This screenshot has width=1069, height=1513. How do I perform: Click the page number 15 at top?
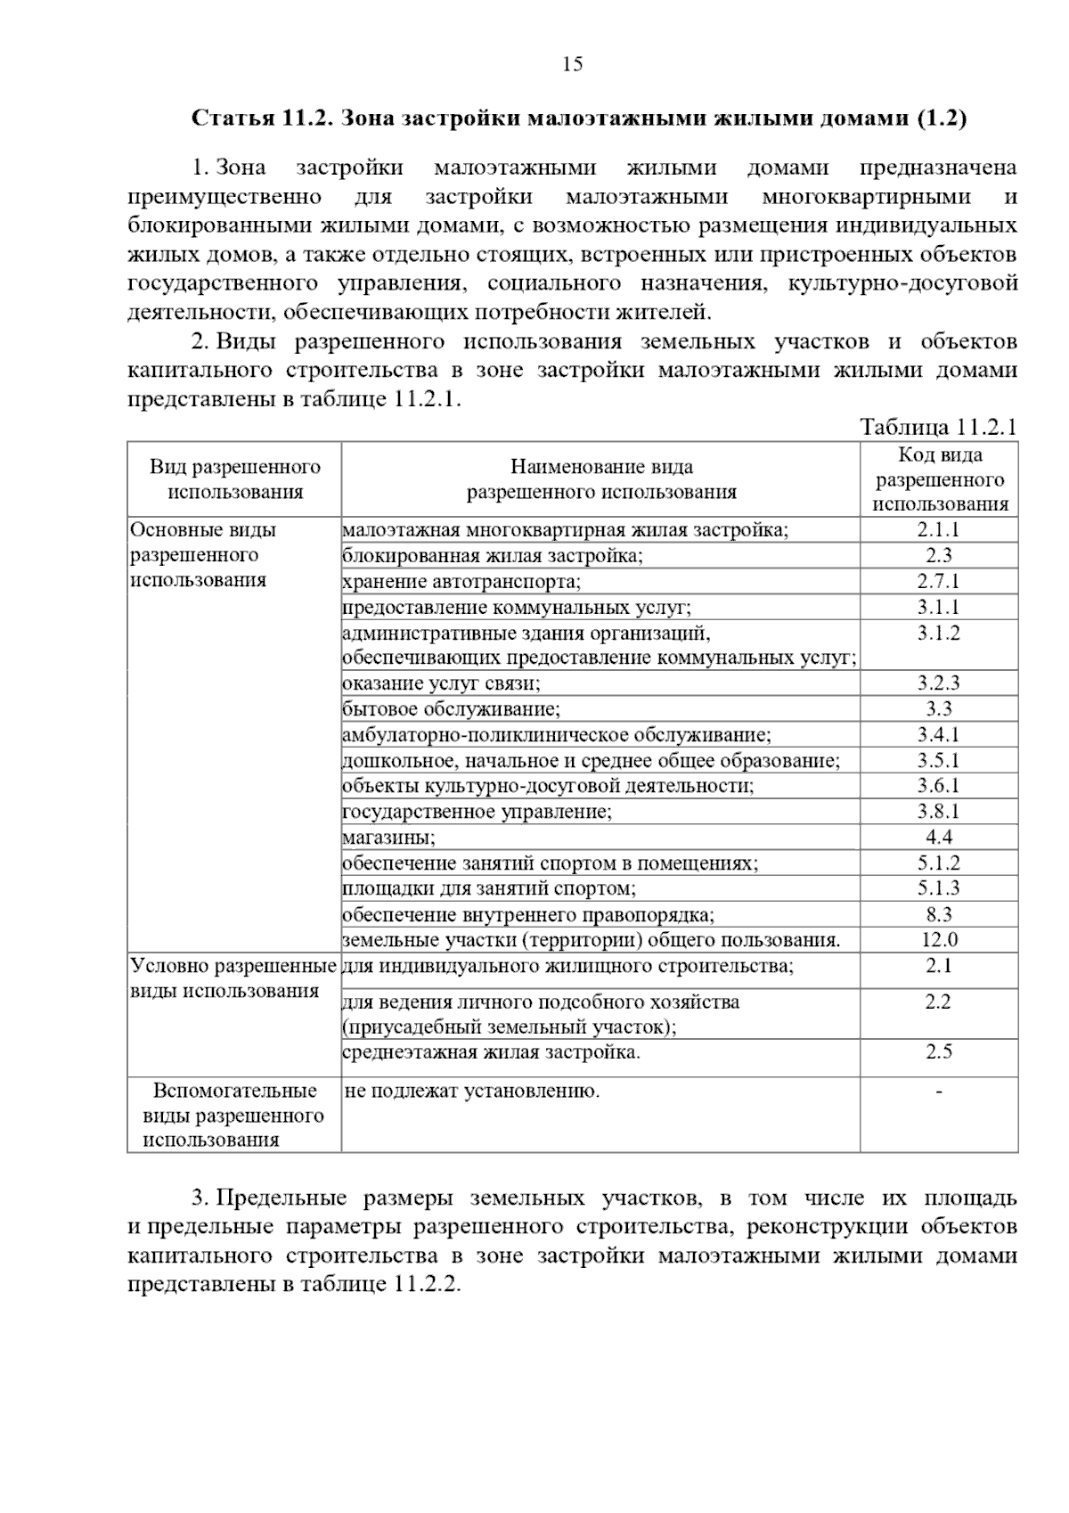click(x=573, y=64)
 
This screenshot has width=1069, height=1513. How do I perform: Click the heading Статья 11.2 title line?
click(x=579, y=119)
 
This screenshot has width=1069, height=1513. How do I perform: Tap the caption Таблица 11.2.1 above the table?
click(x=938, y=427)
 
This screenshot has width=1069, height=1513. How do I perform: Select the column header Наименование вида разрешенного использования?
click(x=601, y=479)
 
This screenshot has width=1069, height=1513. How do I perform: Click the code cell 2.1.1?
click(x=938, y=529)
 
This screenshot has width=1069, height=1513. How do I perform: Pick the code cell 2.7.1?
click(x=938, y=581)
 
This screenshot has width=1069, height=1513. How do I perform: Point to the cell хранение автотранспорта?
click(x=461, y=582)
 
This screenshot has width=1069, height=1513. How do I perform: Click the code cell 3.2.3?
click(x=938, y=683)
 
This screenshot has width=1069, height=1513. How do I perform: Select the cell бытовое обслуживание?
click(x=452, y=709)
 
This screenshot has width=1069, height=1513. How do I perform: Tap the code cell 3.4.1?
click(x=938, y=735)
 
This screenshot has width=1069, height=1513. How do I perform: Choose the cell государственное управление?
click(x=477, y=812)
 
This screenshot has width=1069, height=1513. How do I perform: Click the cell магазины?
click(x=389, y=838)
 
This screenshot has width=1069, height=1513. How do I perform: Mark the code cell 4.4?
click(x=938, y=838)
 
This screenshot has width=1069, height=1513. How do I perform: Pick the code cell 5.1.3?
click(x=938, y=888)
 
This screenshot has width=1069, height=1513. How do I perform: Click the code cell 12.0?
click(x=938, y=940)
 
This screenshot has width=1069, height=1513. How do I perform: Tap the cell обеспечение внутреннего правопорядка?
click(x=528, y=914)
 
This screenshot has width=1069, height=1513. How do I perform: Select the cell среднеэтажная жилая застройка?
click(x=491, y=1052)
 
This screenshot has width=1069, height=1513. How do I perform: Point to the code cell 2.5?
click(x=938, y=1052)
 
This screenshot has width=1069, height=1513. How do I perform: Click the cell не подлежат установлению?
click(x=471, y=1091)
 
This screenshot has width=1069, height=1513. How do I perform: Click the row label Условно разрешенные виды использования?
click(x=233, y=978)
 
